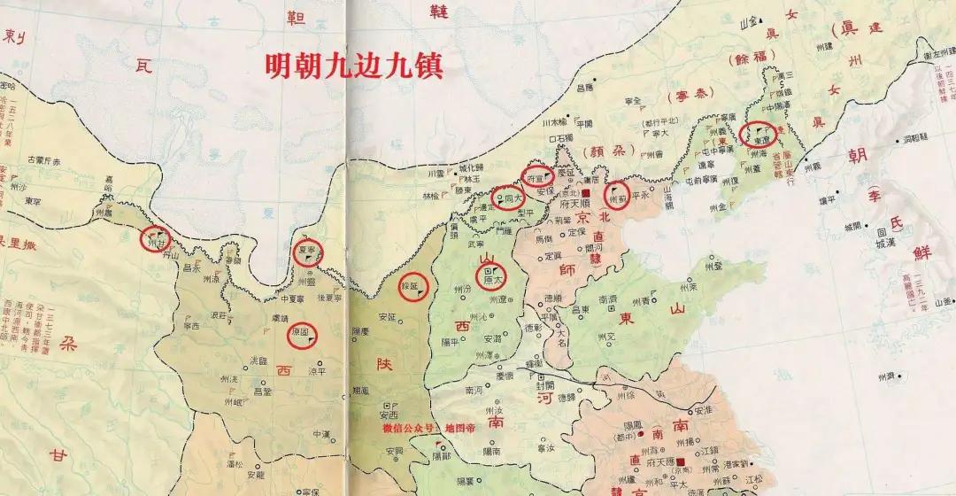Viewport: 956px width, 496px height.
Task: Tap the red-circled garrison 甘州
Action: [155, 238]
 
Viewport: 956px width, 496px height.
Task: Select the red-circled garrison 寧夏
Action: [308, 252]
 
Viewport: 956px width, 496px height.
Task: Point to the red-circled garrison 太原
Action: [492, 276]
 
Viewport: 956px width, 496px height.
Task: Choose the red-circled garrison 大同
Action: [507, 198]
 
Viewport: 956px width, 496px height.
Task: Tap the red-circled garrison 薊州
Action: [618, 194]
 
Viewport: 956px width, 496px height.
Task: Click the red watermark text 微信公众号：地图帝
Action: [428, 428]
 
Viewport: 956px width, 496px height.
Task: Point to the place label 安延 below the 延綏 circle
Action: [387, 316]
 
